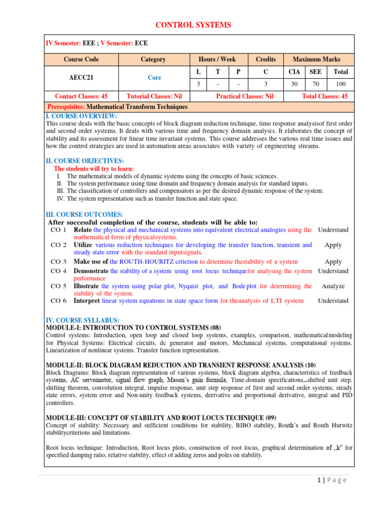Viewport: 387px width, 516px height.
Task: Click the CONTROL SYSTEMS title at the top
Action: pyautogui.click(x=193, y=25)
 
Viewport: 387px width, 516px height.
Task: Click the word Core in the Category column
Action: pyautogui.click(x=153, y=78)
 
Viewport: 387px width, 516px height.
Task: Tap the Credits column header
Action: pyautogui.click(x=266, y=59)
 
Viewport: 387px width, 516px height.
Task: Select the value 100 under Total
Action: pyautogui.click(x=341, y=84)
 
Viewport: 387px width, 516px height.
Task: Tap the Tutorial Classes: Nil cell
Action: pyautogui.click(x=153, y=96)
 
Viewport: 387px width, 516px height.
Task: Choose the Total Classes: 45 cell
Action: pyautogui.click(x=325, y=96)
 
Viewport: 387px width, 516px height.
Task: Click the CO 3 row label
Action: pyautogui.click(x=58, y=262)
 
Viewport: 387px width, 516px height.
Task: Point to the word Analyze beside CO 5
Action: pyautogui.click(x=333, y=286)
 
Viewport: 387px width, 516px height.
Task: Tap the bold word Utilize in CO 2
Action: pyautogui.click(x=83, y=245)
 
